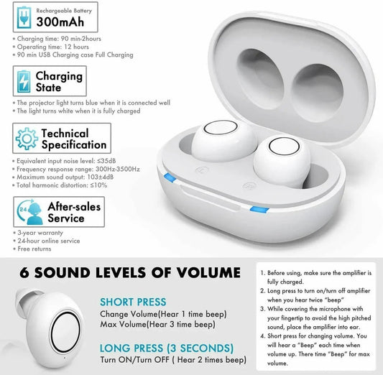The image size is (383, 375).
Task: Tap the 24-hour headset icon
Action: coord(27,212)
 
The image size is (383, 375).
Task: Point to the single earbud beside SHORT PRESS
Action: coord(50,320)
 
